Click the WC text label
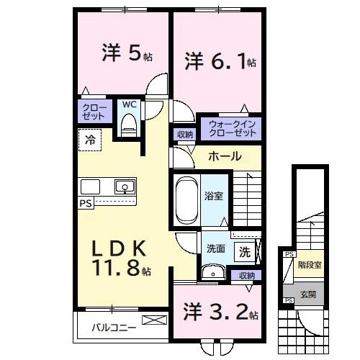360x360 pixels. tap(128, 104)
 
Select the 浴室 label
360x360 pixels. tap(214, 194)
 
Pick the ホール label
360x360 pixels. tap(225, 156)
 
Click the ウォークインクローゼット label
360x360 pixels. tap(231, 129)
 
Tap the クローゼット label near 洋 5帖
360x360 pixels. tap(93, 112)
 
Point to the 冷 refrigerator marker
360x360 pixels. tap(90, 139)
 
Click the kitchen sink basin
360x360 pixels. tap(125, 187)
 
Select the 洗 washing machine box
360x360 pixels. tap(245, 253)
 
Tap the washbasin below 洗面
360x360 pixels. tap(212, 273)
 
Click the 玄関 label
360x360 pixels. tap(308, 294)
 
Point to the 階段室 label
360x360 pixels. tap(310, 264)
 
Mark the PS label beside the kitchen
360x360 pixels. tap(86, 204)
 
